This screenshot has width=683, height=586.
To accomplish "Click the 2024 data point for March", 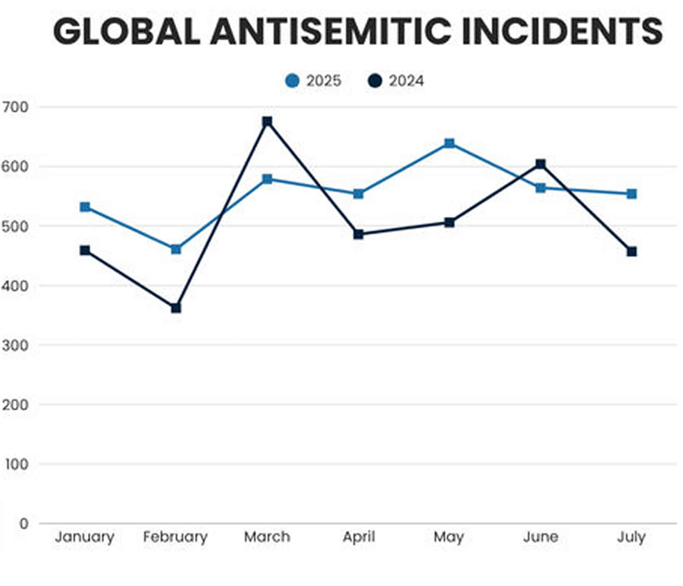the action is pos(267,122).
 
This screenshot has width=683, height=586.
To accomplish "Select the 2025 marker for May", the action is pos(449,144).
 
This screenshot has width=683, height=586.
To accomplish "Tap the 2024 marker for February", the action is pos(176,308).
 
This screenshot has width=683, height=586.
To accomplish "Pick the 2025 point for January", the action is pos(85,207).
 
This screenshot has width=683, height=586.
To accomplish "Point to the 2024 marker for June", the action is pos(541,164).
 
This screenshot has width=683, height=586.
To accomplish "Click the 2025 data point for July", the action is pos(632,194).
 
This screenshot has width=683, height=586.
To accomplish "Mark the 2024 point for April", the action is pos(359,234).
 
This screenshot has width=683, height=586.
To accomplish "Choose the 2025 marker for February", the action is pos(176,249).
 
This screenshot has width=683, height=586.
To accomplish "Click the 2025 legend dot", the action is pos(292,81).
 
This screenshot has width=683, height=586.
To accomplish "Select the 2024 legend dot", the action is pos(375,81).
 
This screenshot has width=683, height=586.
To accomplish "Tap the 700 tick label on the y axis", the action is pos(15,107).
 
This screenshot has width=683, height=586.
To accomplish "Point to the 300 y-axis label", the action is pos(15,345).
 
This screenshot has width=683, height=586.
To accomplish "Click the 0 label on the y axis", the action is pos(24,523).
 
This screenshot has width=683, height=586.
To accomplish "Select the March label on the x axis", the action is pos(267,537).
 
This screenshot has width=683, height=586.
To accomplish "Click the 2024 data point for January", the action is pos(85,250).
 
